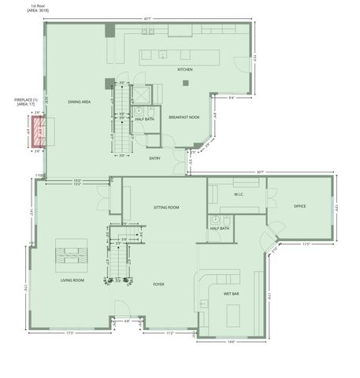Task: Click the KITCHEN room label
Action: (x=185, y=70)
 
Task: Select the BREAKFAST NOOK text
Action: (x=183, y=117)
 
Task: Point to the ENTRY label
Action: (x=155, y=158)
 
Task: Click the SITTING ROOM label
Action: (x=166, y=207)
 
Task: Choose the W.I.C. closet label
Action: (x=240, y=193)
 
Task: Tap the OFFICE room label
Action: (x=299, y=206)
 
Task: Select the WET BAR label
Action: (x=232, y=294)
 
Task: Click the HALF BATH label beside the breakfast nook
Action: (x=144, y=119)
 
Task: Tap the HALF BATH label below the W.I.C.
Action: (x=220, y=228)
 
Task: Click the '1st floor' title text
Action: (x=37, y=6)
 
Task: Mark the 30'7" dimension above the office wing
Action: (x=260, y=171)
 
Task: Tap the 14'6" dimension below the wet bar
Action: (x=232, y=341)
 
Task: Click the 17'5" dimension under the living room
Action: (x=69, y=333)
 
